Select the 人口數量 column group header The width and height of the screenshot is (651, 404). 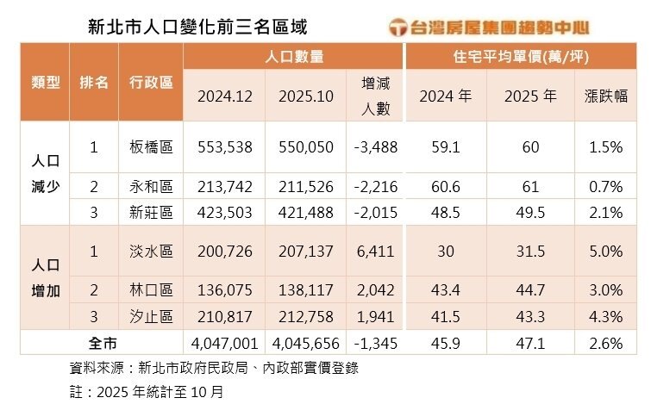coord(295,57)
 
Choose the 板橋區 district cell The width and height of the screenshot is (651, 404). coord(151,147)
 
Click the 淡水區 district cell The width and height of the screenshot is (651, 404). coord(151,252)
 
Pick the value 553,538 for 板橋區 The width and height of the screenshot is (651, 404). coord(224,147)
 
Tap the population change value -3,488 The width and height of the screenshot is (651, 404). coord(375,147)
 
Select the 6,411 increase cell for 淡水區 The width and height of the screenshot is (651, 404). coord(378,252)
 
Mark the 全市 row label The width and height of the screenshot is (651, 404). coord(103,342)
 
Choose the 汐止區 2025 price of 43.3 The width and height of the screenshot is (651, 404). coord(529,316)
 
